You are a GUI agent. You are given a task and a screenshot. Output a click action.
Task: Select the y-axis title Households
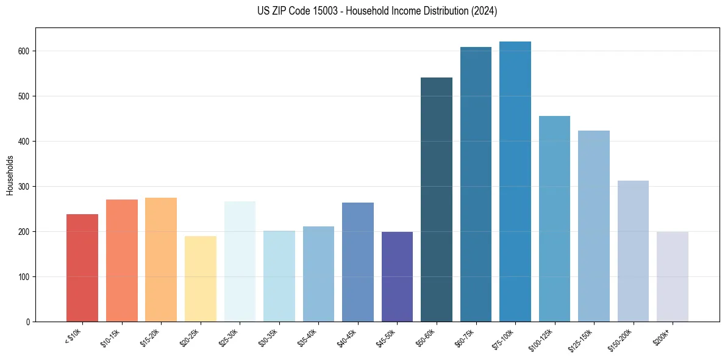click(x=10, y=175)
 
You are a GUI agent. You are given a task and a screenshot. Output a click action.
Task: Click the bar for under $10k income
click(x=82, y=268)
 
